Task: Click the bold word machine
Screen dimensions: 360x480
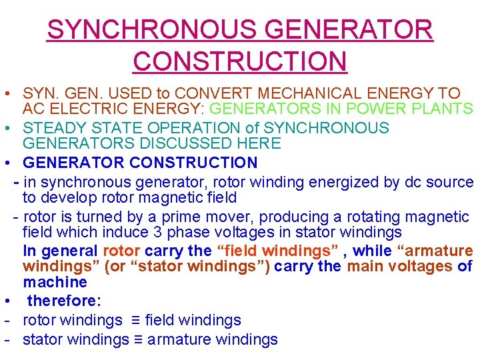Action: tap(55, 282)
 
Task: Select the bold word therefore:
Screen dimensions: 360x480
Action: tap(64, 301)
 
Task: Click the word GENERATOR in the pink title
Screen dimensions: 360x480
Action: tap(349, 30)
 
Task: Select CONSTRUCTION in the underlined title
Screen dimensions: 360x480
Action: tap(240, 61)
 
